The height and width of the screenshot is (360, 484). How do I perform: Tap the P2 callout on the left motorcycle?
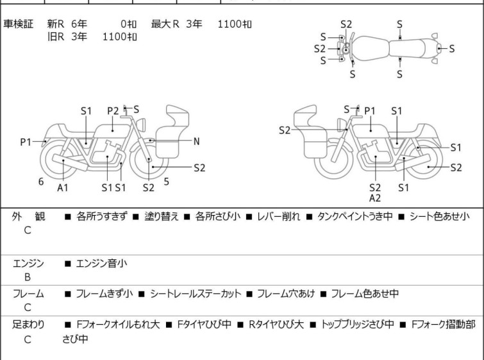click(x=113, y=111)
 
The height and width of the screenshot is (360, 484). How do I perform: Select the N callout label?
click(x=197, y=141)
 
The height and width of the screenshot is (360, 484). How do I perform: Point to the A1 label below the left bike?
click(x=63, y=187)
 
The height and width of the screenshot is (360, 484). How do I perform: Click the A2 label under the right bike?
click(x=375, y=198)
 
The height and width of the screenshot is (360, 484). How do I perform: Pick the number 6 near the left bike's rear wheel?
click(x=41, y=182)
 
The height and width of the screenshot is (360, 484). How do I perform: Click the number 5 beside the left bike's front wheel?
click(x=167, y=182)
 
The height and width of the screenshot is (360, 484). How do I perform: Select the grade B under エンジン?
click(x=27, y=277)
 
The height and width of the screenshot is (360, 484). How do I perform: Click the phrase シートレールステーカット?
click(x=196, y=294)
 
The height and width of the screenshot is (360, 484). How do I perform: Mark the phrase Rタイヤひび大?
click(x=276, y=325)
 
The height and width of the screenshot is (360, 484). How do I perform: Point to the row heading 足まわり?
click(x=28, y=325)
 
